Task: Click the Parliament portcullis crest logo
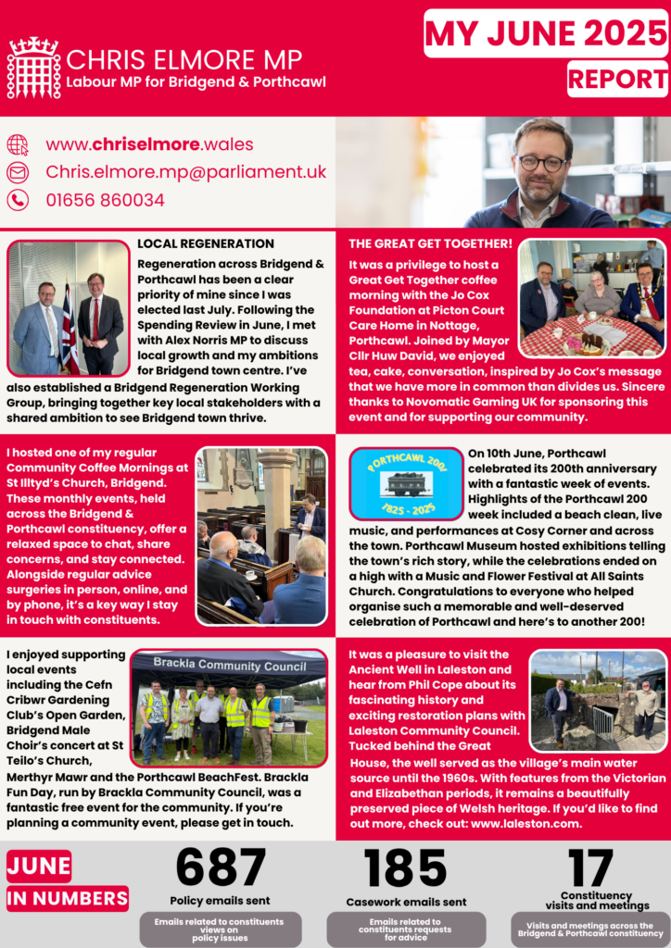(33, 68)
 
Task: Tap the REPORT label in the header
(617, 79)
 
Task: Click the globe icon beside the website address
(18, 145)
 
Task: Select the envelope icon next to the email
(18, 172)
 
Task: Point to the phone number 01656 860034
(105, 200)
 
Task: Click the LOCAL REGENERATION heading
(206, 243)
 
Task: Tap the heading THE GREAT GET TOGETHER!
(430, 243)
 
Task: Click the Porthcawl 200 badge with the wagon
(406, 483)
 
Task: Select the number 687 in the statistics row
(221, 868)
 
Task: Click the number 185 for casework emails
(406, 868)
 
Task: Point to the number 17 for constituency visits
(591, 868)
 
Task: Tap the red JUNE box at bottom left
(39, 867)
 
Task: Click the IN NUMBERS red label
(68, 898)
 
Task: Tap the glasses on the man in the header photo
(541, 163)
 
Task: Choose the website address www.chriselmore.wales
(149, 144)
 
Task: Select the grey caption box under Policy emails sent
(221, 929)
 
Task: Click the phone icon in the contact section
(18, 200)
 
